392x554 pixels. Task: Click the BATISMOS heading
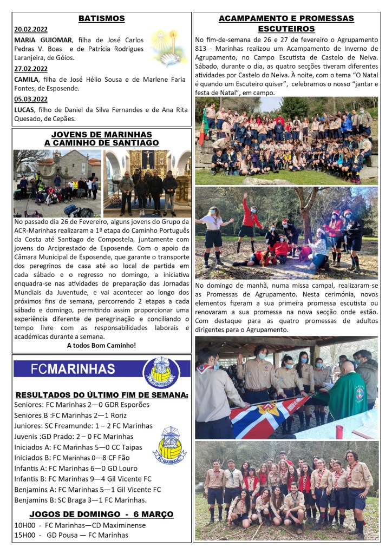click(101, 18)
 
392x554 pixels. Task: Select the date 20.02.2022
click(30, 29)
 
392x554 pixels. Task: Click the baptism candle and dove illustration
click(167, 48)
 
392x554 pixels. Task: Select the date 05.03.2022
click(30, 99)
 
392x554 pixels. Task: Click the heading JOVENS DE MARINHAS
click(101, 134)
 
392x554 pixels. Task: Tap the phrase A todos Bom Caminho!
click(101, 345)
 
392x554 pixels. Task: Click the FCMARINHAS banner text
click(73, 369)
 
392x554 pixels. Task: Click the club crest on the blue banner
click(161, 372)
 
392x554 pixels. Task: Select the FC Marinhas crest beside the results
click(169, 445)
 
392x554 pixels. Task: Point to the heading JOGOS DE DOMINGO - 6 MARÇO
click(101, 513)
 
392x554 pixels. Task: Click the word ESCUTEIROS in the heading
click(286, 29)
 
